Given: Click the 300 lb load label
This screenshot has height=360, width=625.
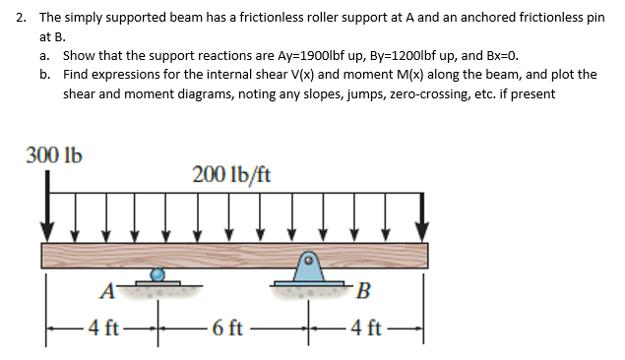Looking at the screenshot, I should point(54,155).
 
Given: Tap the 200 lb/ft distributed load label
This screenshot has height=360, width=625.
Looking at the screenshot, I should point(232,175).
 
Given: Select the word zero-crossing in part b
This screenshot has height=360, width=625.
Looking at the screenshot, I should point(399,93).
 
